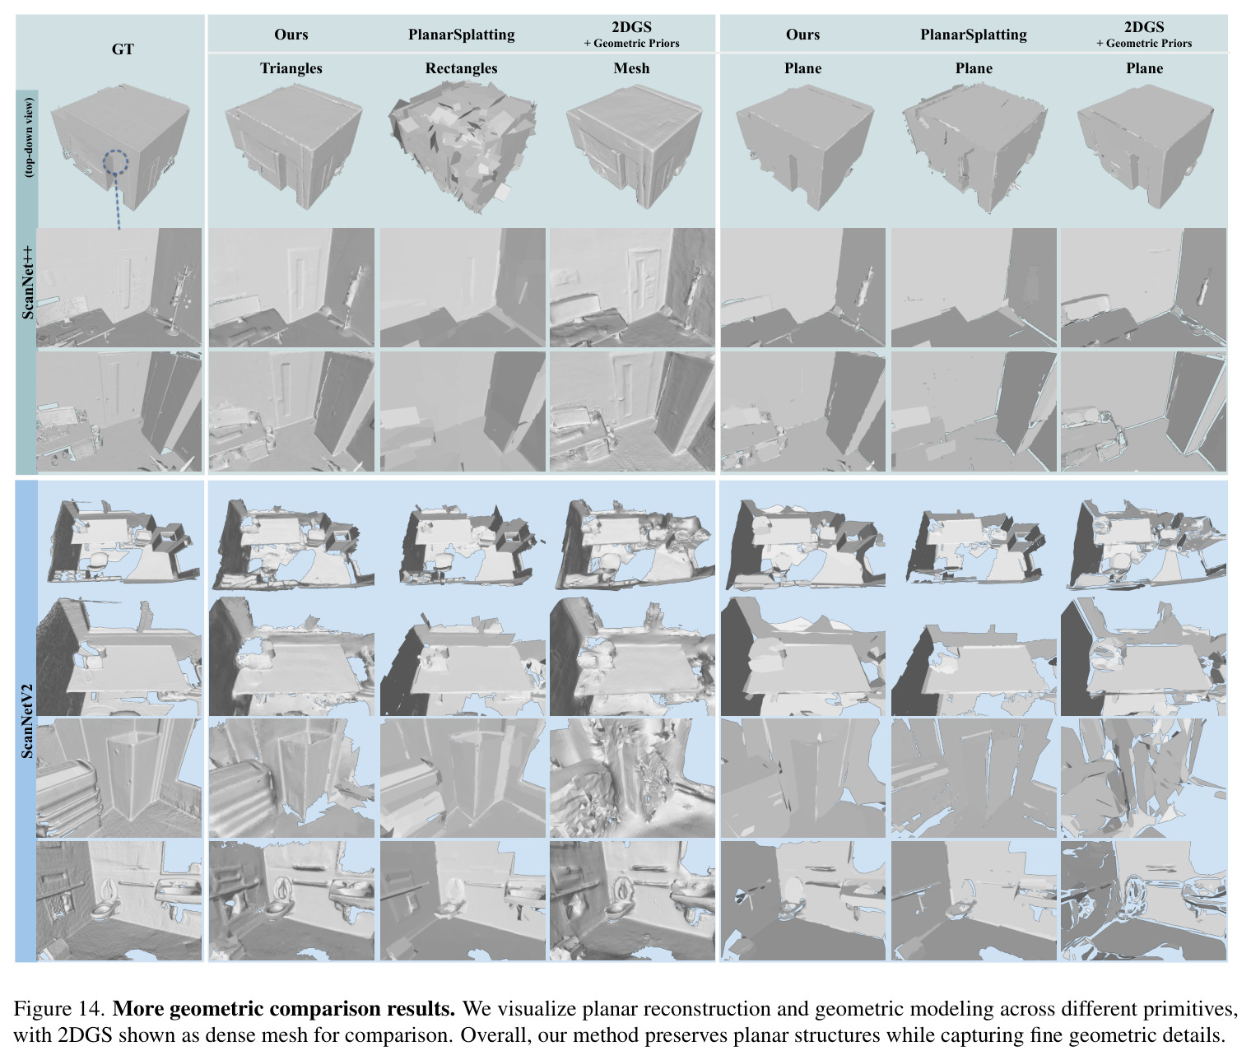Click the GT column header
point(123,49)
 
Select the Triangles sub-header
point(291,68)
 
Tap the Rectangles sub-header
point(461,68)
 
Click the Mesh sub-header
point(631,68)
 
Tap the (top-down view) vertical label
point(29,137)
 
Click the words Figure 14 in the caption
point(59,1009)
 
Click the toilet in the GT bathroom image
point(103,906)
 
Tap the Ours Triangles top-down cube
point(294,146)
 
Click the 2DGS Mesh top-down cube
point(635,146)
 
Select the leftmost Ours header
point(291,35)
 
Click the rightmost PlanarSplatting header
point(973,35)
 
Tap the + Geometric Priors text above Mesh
point(631,44)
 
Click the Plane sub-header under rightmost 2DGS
point(1144,68)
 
